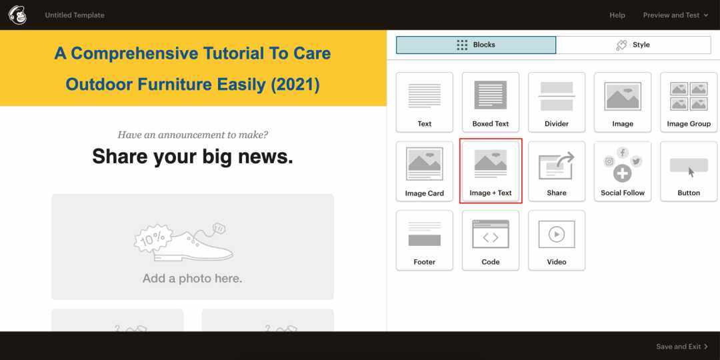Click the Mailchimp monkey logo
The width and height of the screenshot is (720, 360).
click(x=17, y=15)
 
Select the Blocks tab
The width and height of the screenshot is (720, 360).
click(x=476, y=45)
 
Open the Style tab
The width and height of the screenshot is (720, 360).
click(x=633, y=45)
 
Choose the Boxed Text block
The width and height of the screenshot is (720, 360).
click(x=491, y=102)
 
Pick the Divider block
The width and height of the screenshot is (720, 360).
click(x=557, y=102)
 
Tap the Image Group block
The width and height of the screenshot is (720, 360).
click(x=689, y=102)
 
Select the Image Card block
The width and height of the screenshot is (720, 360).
click(x=424, y=171)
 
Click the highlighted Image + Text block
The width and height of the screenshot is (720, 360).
click(x=491, y=171)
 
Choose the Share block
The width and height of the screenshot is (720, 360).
click(x=557, y=171)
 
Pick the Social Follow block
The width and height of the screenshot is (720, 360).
click(x=623, y=171)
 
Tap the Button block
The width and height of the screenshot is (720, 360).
click(x=689, y=171)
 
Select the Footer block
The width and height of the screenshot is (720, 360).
click(x=424, y=240)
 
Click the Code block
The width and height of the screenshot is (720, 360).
click(x=491, y=240)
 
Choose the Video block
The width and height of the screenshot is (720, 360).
click(x=557, y=240)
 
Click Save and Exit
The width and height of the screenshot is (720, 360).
click(x=682, y=347)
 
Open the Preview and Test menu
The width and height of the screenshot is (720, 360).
click(x=675, y=15)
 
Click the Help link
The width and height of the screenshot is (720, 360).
click(x=617, y=15)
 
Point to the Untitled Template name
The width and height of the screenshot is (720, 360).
click(x=75, y=15)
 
